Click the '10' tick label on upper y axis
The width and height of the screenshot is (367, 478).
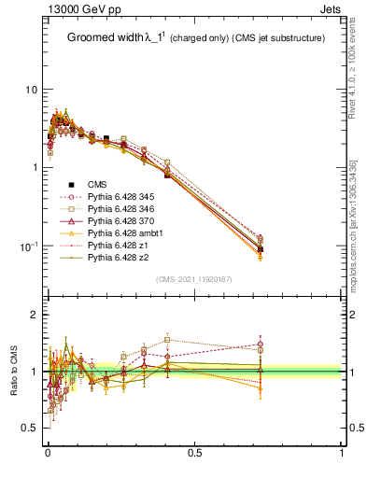[31, 90]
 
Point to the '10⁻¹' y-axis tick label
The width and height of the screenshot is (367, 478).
[29, 246]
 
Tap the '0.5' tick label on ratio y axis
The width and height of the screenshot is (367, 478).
[31, 428]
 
